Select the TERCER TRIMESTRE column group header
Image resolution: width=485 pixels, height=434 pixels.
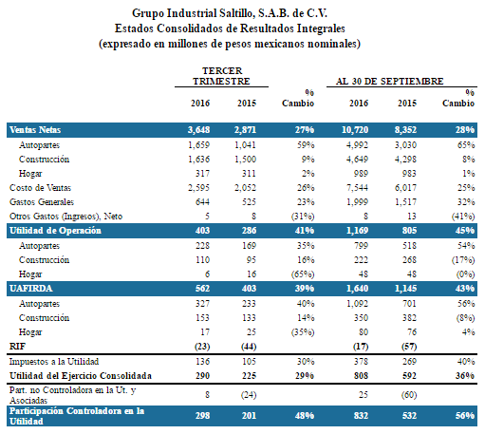[x=221, y=76]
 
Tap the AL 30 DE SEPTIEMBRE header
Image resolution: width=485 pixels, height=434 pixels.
[x=389, y=82]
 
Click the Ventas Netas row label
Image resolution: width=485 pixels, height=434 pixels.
[x=35, y=130]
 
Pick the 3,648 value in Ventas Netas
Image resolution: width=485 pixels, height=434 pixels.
[x=198, y=130]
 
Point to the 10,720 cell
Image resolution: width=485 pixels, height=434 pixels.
[x=355, y=130]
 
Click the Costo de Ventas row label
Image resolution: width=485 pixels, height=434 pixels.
[x=40, y=188]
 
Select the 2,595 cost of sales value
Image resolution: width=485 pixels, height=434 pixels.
[x=198, y=188]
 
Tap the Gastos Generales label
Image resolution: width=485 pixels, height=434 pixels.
[x=42, y=202]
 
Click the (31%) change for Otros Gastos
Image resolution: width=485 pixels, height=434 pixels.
[x=303, y=217]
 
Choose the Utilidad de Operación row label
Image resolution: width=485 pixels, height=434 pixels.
[x=55, y=231]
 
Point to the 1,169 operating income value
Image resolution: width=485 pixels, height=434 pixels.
[x=358, y=231]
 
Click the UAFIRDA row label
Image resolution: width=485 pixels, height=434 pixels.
[x=31, y=289]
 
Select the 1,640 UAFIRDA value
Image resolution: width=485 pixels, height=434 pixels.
[x=358, y=289]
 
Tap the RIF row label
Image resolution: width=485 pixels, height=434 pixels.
[x=17, y=347]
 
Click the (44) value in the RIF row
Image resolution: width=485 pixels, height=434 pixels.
[x=249, y=347]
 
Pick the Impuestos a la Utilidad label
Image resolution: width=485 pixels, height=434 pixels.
[x=54, y=362]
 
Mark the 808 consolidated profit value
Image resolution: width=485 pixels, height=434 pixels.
[x=361, y=376]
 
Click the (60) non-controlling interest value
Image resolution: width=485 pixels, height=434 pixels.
[x=409, y=395]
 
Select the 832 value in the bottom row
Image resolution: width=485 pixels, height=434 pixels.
[x=361, y=416]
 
